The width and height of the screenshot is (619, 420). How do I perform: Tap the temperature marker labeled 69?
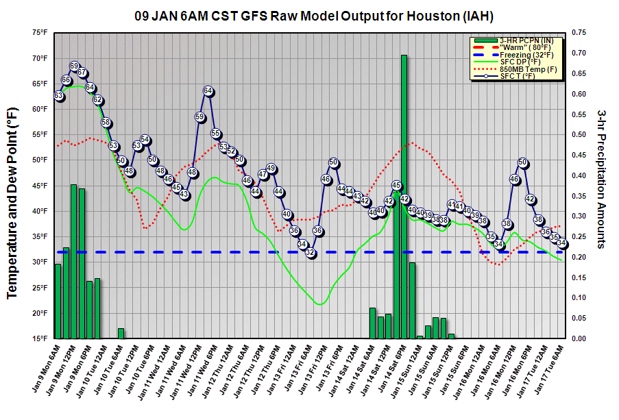click(x=74, y=66)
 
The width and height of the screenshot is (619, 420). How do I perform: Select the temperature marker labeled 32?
click(x=310, y=253)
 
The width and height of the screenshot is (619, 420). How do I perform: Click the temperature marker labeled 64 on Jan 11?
click(x=208, y=91)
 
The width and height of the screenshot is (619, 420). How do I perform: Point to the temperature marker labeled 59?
click(x=199, y=117)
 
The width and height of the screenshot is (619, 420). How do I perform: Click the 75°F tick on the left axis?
click(x=38, y=32)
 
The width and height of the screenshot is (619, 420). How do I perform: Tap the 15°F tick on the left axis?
click(x=38, y=338)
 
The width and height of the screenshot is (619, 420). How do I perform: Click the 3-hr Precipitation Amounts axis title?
click(x=601, y=185)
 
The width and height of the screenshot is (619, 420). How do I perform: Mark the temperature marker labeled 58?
click(x=106, y=123)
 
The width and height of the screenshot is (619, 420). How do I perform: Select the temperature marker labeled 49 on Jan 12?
click(x=271, y=169)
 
